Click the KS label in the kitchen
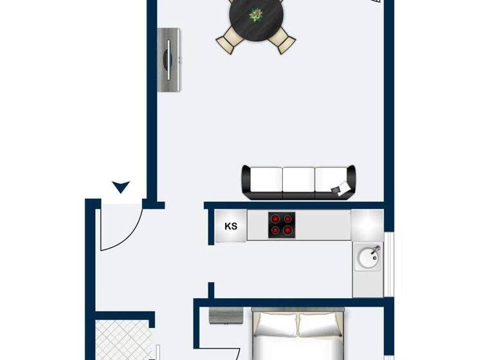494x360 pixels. point(231,226)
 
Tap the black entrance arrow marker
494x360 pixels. point(121,187)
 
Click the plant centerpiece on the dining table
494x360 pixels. point(256,14)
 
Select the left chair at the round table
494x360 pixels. point(228,42)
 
